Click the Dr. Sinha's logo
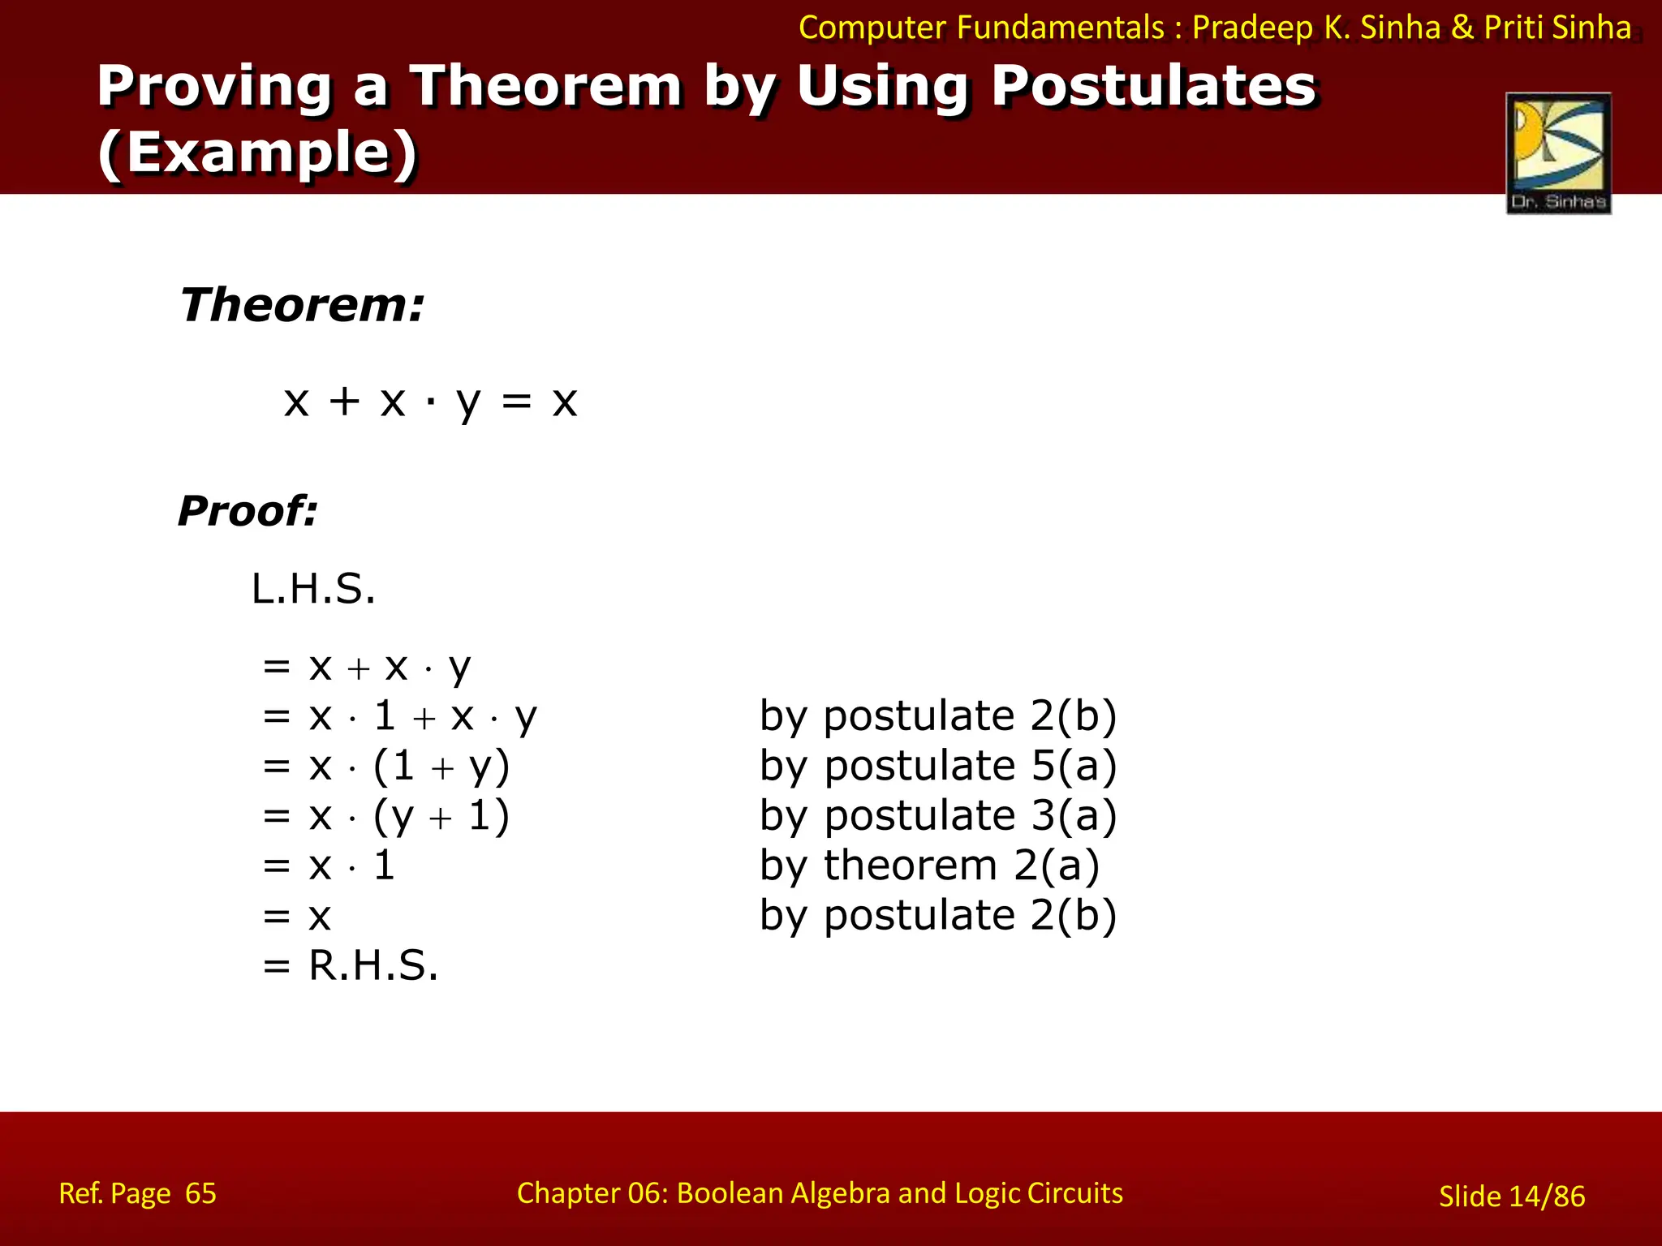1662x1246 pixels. pos(1558,153)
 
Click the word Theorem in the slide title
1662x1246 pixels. pos(545,86)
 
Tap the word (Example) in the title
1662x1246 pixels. pos(257,153)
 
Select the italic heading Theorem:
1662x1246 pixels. pos(302,306)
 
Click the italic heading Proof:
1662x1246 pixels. pos(248,511)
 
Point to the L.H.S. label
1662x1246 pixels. pos(313,589)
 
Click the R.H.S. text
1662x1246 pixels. pos(373,966)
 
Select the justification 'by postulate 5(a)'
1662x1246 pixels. pos(938,766)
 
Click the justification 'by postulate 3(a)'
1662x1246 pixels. pos(938,815)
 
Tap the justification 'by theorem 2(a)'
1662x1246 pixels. pos(929,866)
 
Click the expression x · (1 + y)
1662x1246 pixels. pos(409,767)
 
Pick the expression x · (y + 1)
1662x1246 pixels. pos(409,816)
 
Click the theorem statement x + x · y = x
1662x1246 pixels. pos(430,402)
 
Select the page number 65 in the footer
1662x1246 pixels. pos(200,1193)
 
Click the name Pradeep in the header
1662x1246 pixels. pos(1252,28)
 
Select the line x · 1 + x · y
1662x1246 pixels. pos(422,717)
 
